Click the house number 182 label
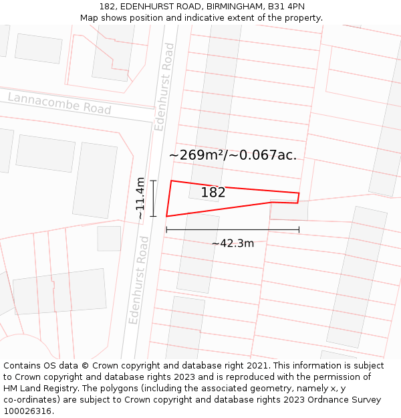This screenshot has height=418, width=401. click(213, 193)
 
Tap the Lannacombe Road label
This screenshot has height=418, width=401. click(59, 104)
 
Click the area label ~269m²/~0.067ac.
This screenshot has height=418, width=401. click(233, 155)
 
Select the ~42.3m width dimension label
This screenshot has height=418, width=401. click(233, 243)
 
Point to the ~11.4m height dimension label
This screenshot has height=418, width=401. click(140, 199)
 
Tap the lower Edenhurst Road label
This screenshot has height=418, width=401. click(140, 280)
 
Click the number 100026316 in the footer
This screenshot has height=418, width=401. click(27, 411)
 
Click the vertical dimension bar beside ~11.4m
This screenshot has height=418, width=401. click(153, 199)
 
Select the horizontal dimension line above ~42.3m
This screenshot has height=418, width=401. click(233, 230)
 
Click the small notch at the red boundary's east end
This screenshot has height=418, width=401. click(297, 198)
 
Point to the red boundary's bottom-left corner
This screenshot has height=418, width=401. click(166, 216)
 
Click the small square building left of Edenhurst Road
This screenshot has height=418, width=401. click(109, 238)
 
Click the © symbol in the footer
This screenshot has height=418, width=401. click(86, 366)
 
